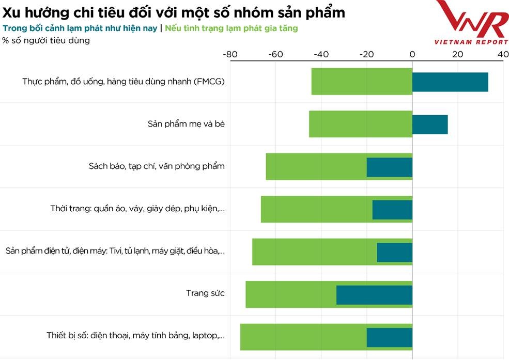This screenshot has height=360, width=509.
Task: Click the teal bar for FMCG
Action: click(x=450, y=82)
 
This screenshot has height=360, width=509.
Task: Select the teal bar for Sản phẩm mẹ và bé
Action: click(x=430, y=124)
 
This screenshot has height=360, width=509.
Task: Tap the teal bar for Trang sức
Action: click(x=374, y=294)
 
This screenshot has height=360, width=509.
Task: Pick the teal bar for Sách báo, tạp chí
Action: click(x=390, y=167)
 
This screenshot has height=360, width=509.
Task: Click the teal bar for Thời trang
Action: click(x=392, y=210)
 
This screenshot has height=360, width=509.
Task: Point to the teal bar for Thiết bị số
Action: click(x=390, y=337)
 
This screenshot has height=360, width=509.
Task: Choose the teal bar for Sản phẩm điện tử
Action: click(x=394, y=252)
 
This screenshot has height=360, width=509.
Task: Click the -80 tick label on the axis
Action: click(x=230, y=54)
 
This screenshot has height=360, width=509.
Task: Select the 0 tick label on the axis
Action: click(x=412, y=54)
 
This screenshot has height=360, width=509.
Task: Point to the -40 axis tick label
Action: click(x=321, y=54)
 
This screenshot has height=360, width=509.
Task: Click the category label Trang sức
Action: click(x=205, y=293)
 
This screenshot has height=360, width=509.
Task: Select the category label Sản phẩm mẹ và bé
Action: click(x=186, y=124)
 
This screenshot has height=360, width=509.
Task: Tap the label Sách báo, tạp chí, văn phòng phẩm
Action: click(x=157, y=166)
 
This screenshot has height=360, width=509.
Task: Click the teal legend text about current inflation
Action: click(x=80, y=28)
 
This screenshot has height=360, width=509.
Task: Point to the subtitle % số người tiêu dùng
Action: click(x=46, y=40)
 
